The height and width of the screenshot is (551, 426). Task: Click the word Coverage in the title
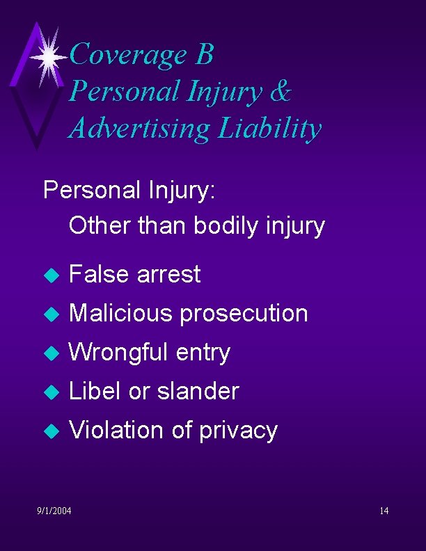tap(129, 54)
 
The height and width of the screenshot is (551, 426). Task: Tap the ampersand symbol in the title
tap(278, 91)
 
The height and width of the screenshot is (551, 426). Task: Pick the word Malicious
tap(120, 313)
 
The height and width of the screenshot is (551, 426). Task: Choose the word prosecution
tap(244, 314)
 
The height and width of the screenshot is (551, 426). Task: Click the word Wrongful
tap(119, 353)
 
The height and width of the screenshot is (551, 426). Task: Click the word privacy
tap(238, 431)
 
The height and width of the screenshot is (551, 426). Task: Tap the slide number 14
tap(384, 511)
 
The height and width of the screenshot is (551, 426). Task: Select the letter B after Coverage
tap(204, 54)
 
